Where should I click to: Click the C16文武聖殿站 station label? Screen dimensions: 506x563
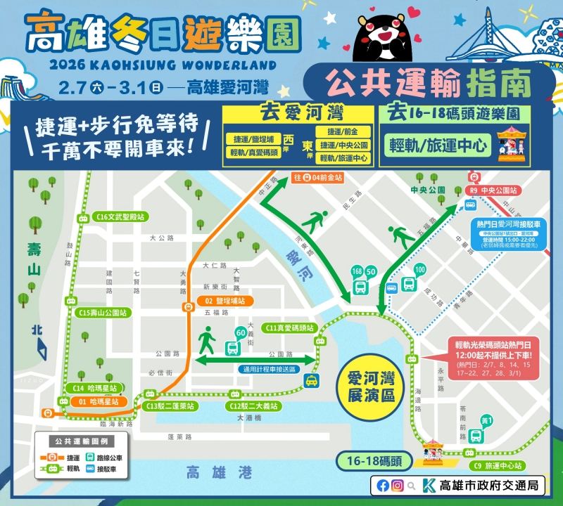[120, 217]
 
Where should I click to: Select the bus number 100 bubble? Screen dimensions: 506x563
[420, 269]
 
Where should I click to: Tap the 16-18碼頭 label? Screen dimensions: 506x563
[369, 461]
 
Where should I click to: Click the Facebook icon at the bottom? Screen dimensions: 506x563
[383, 485]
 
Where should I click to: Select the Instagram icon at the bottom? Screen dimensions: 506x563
[398, 485]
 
